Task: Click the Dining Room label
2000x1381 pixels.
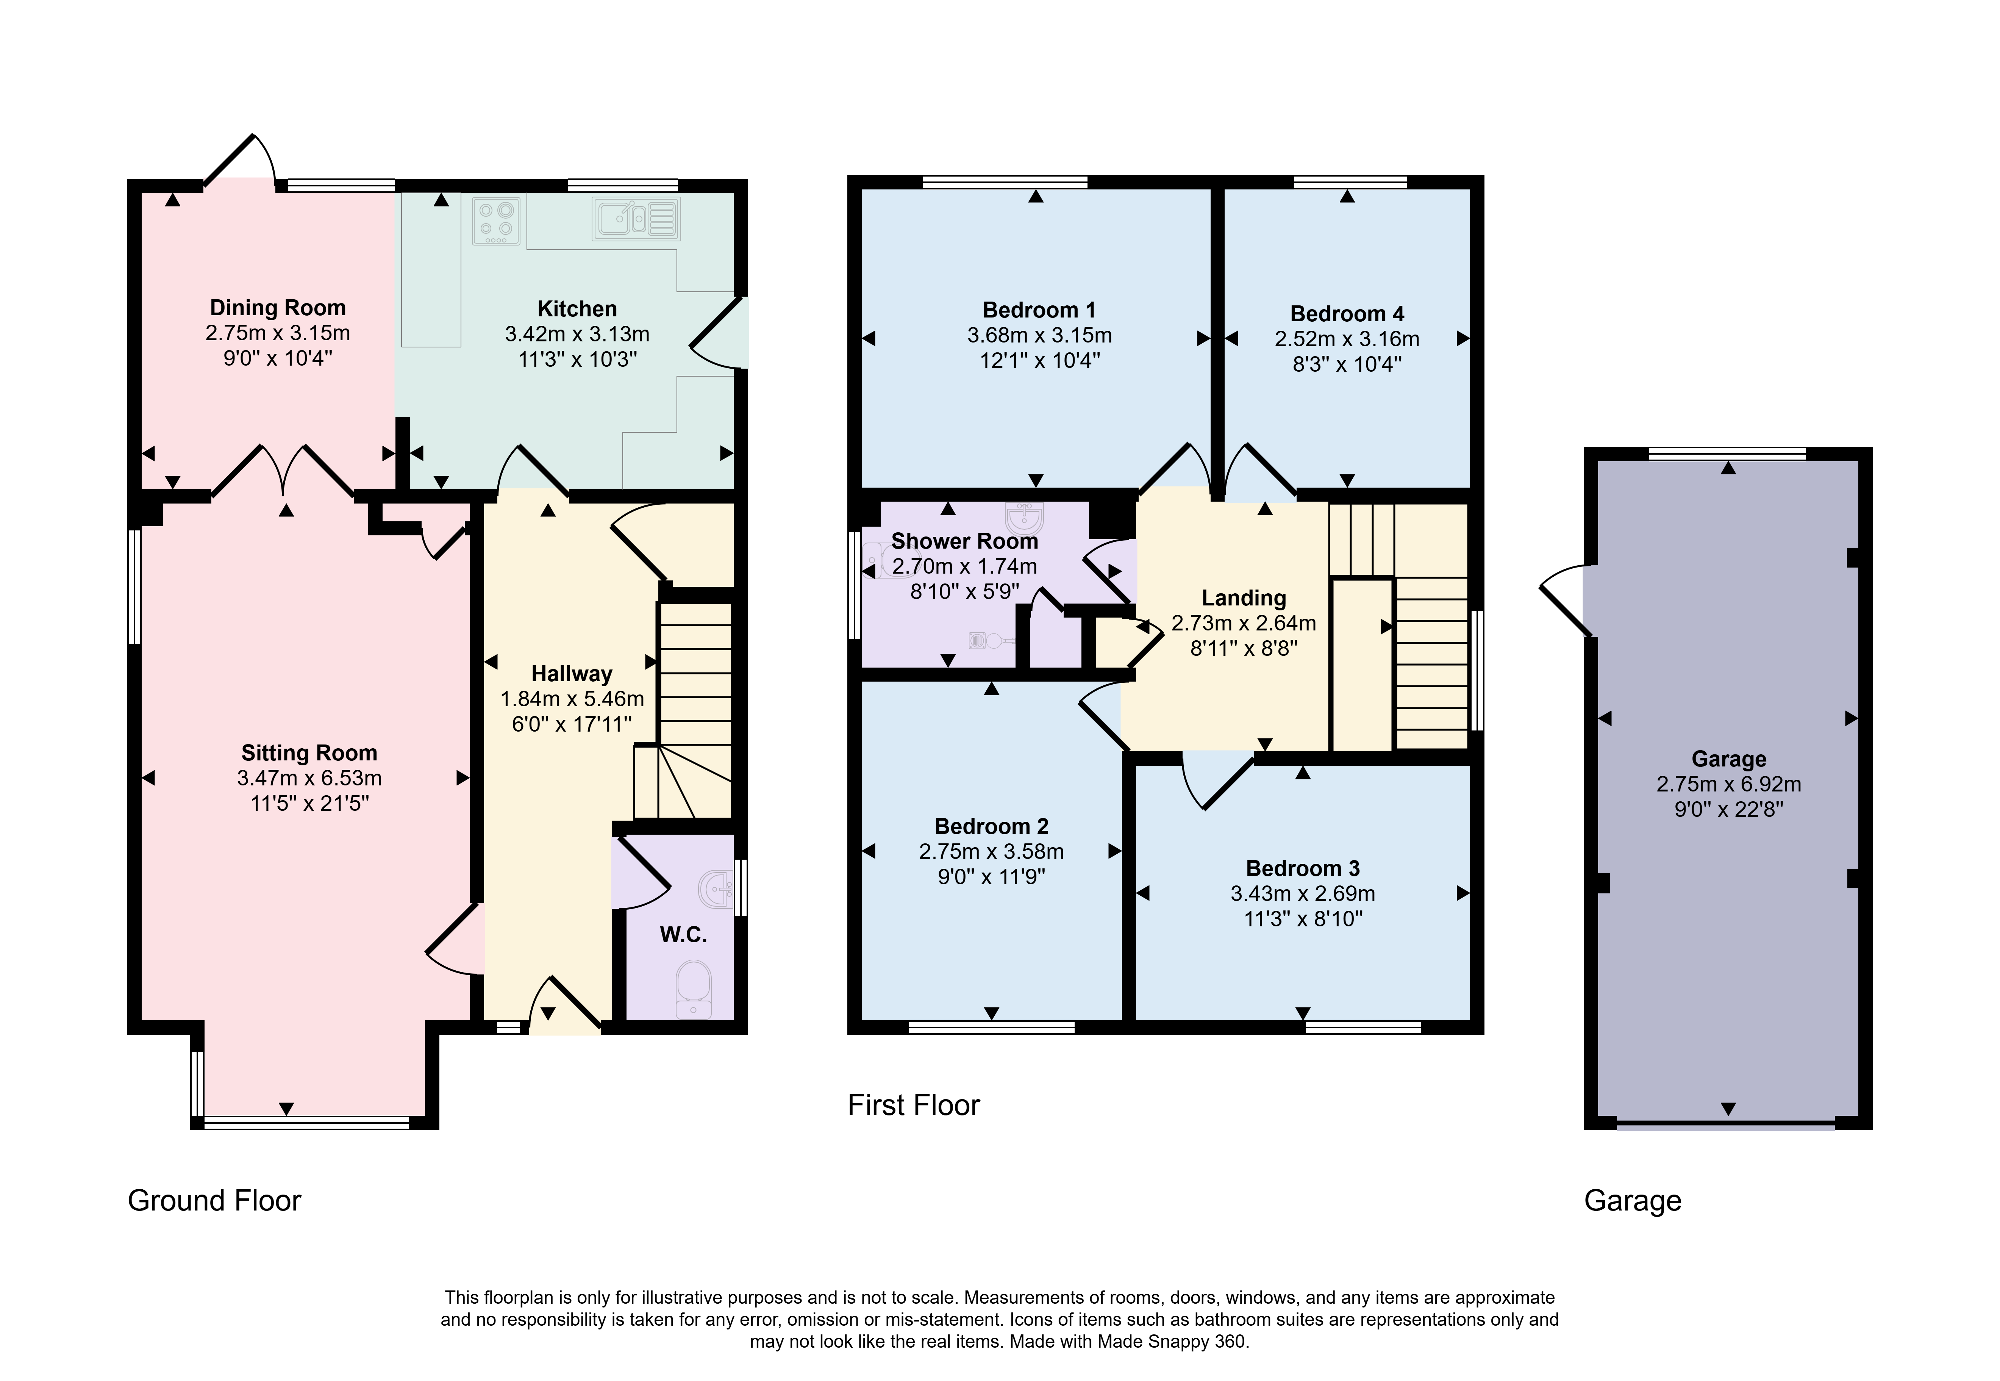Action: click(x=278, y=308)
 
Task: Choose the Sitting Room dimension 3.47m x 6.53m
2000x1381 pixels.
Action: click(x=310, y=778)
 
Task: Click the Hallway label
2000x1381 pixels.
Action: click(x=572, y=674)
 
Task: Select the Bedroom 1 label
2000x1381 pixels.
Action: click(x=1039, y=310)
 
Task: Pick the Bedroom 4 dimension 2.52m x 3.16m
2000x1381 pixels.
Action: click(x=1347, y=339)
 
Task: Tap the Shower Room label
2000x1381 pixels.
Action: click(x=964, y=541)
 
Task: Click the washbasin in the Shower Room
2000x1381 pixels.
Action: click(x=1025, y=516)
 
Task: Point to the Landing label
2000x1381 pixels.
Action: click(x=1244, y=598)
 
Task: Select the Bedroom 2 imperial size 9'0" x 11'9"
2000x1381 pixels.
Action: click(x=991, y=877)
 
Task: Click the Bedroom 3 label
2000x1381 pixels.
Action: click(x=1303, y=868)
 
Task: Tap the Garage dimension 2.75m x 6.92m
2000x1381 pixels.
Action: click(x=1728, y=784)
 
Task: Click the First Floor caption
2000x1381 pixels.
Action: click(x=914, y=1105)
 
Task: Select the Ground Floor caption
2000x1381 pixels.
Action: click(x=214, y=1200)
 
